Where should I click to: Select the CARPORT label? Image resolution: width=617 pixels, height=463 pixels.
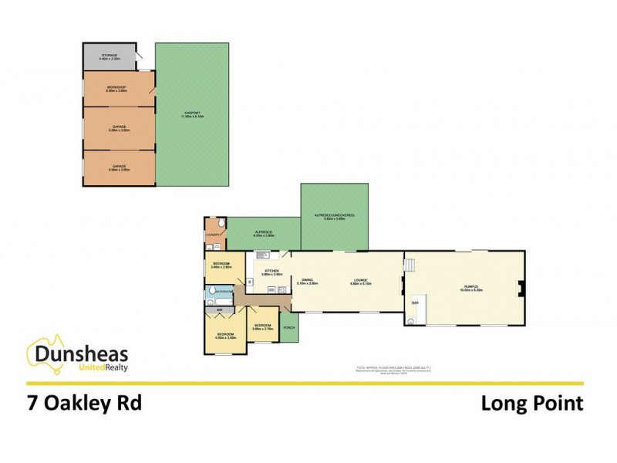[x=192, y=114]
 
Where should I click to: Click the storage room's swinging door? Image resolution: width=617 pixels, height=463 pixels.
[x=140, y=58]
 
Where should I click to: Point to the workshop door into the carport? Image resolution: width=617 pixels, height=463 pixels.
[x=153, y=92]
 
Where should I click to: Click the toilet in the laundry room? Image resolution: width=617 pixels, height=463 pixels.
[x=222, y=225]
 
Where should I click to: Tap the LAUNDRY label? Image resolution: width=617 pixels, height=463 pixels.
[x=213, y=235]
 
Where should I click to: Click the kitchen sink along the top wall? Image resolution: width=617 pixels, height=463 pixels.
[x=262, y=255]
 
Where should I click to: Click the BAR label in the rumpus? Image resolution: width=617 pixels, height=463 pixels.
[x=415, y=304]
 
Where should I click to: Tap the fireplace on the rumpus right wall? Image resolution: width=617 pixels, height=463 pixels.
[x=521, y=289]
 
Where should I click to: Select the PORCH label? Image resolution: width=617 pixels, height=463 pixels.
[x=289, y=328]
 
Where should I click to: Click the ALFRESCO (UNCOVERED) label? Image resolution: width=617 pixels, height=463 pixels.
[x=334, y=216]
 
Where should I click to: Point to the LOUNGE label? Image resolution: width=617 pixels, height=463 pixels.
[x=358, y=280]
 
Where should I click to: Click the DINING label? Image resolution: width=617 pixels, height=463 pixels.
[x=307, y=280]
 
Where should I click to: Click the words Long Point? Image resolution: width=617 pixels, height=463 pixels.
[x=531, y=404]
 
